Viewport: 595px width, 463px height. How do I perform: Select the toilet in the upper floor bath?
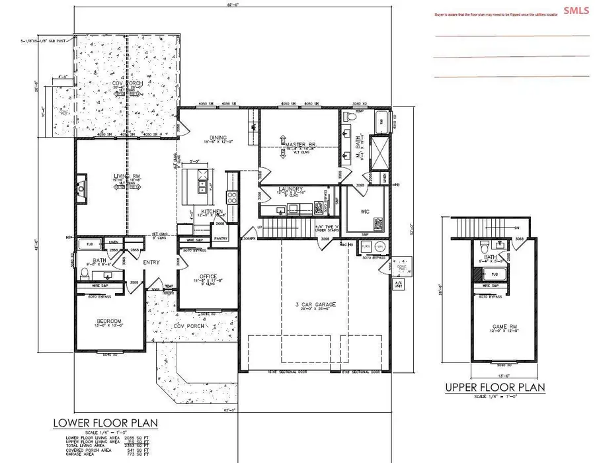coord(486,248)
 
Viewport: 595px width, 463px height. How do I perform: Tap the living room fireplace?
coord(81,188)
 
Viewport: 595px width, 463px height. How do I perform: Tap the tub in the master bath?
coord(382,122)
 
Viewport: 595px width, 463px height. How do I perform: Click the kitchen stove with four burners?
coord(232,197)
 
